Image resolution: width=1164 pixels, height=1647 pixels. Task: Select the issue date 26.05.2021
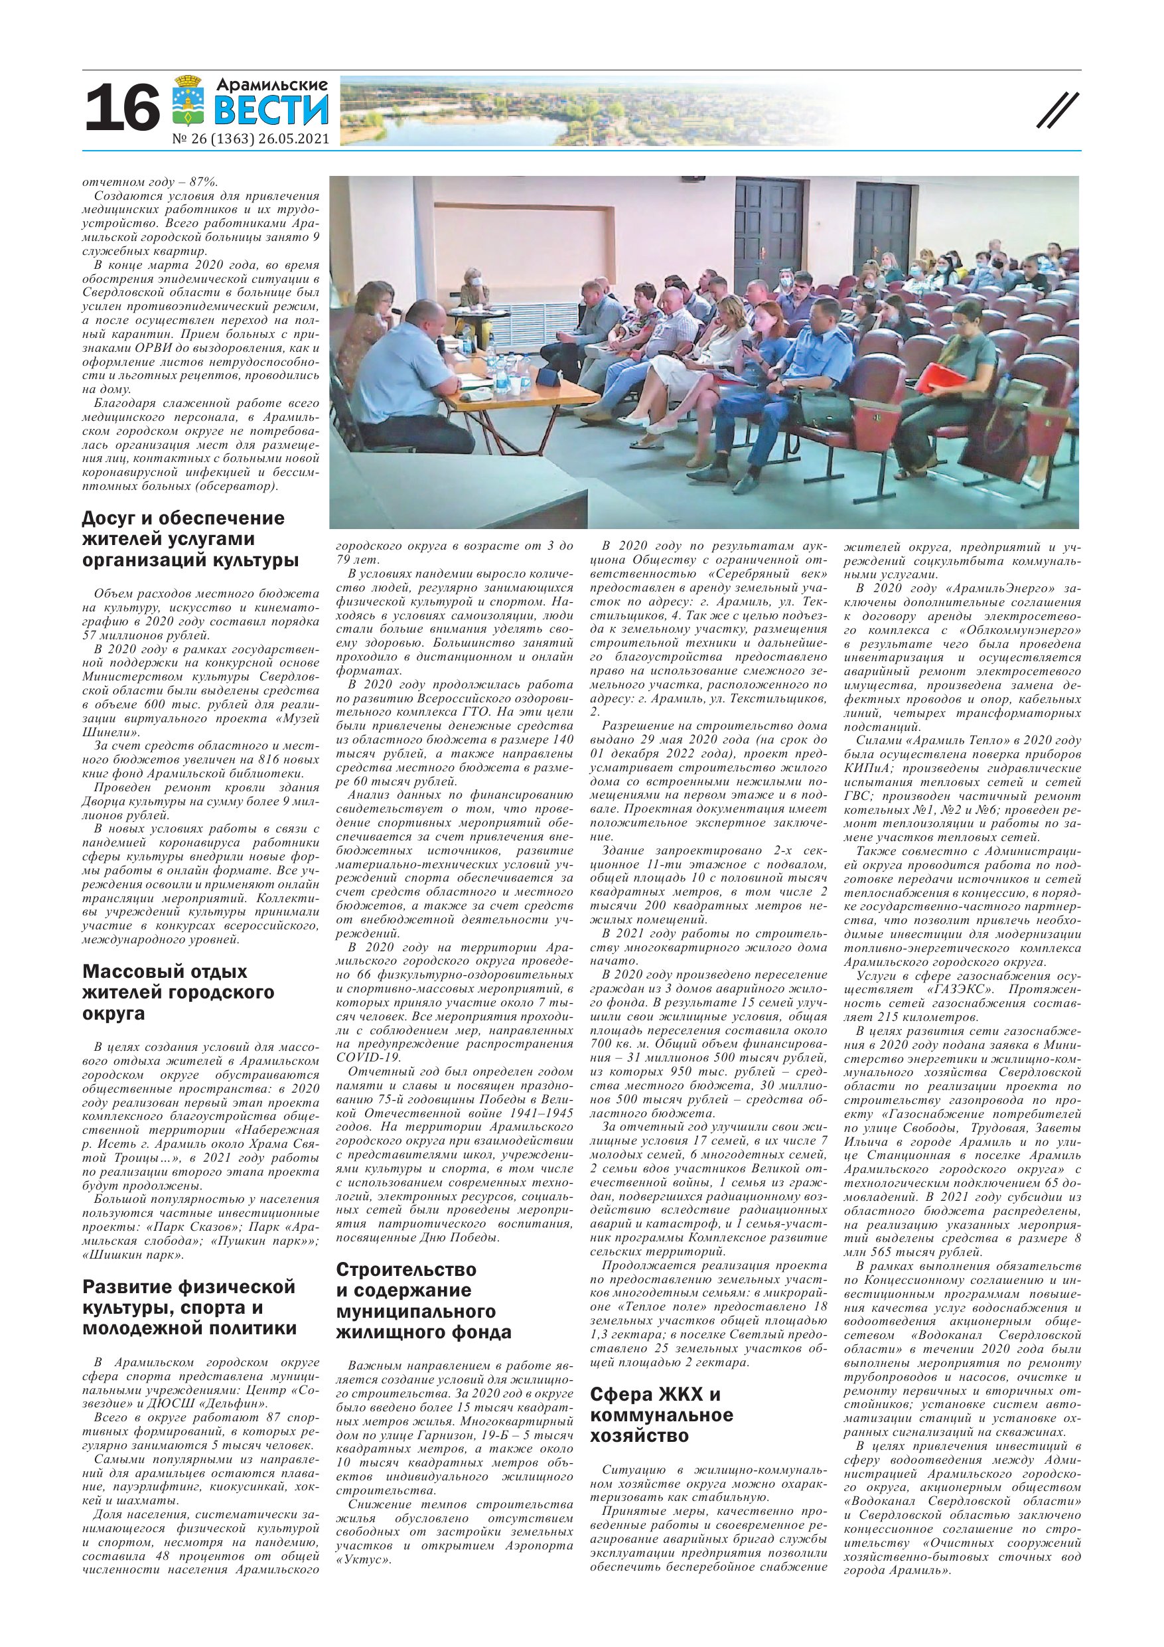[x=295, y=139]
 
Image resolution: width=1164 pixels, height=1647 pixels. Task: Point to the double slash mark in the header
[x=1058, y=113]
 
